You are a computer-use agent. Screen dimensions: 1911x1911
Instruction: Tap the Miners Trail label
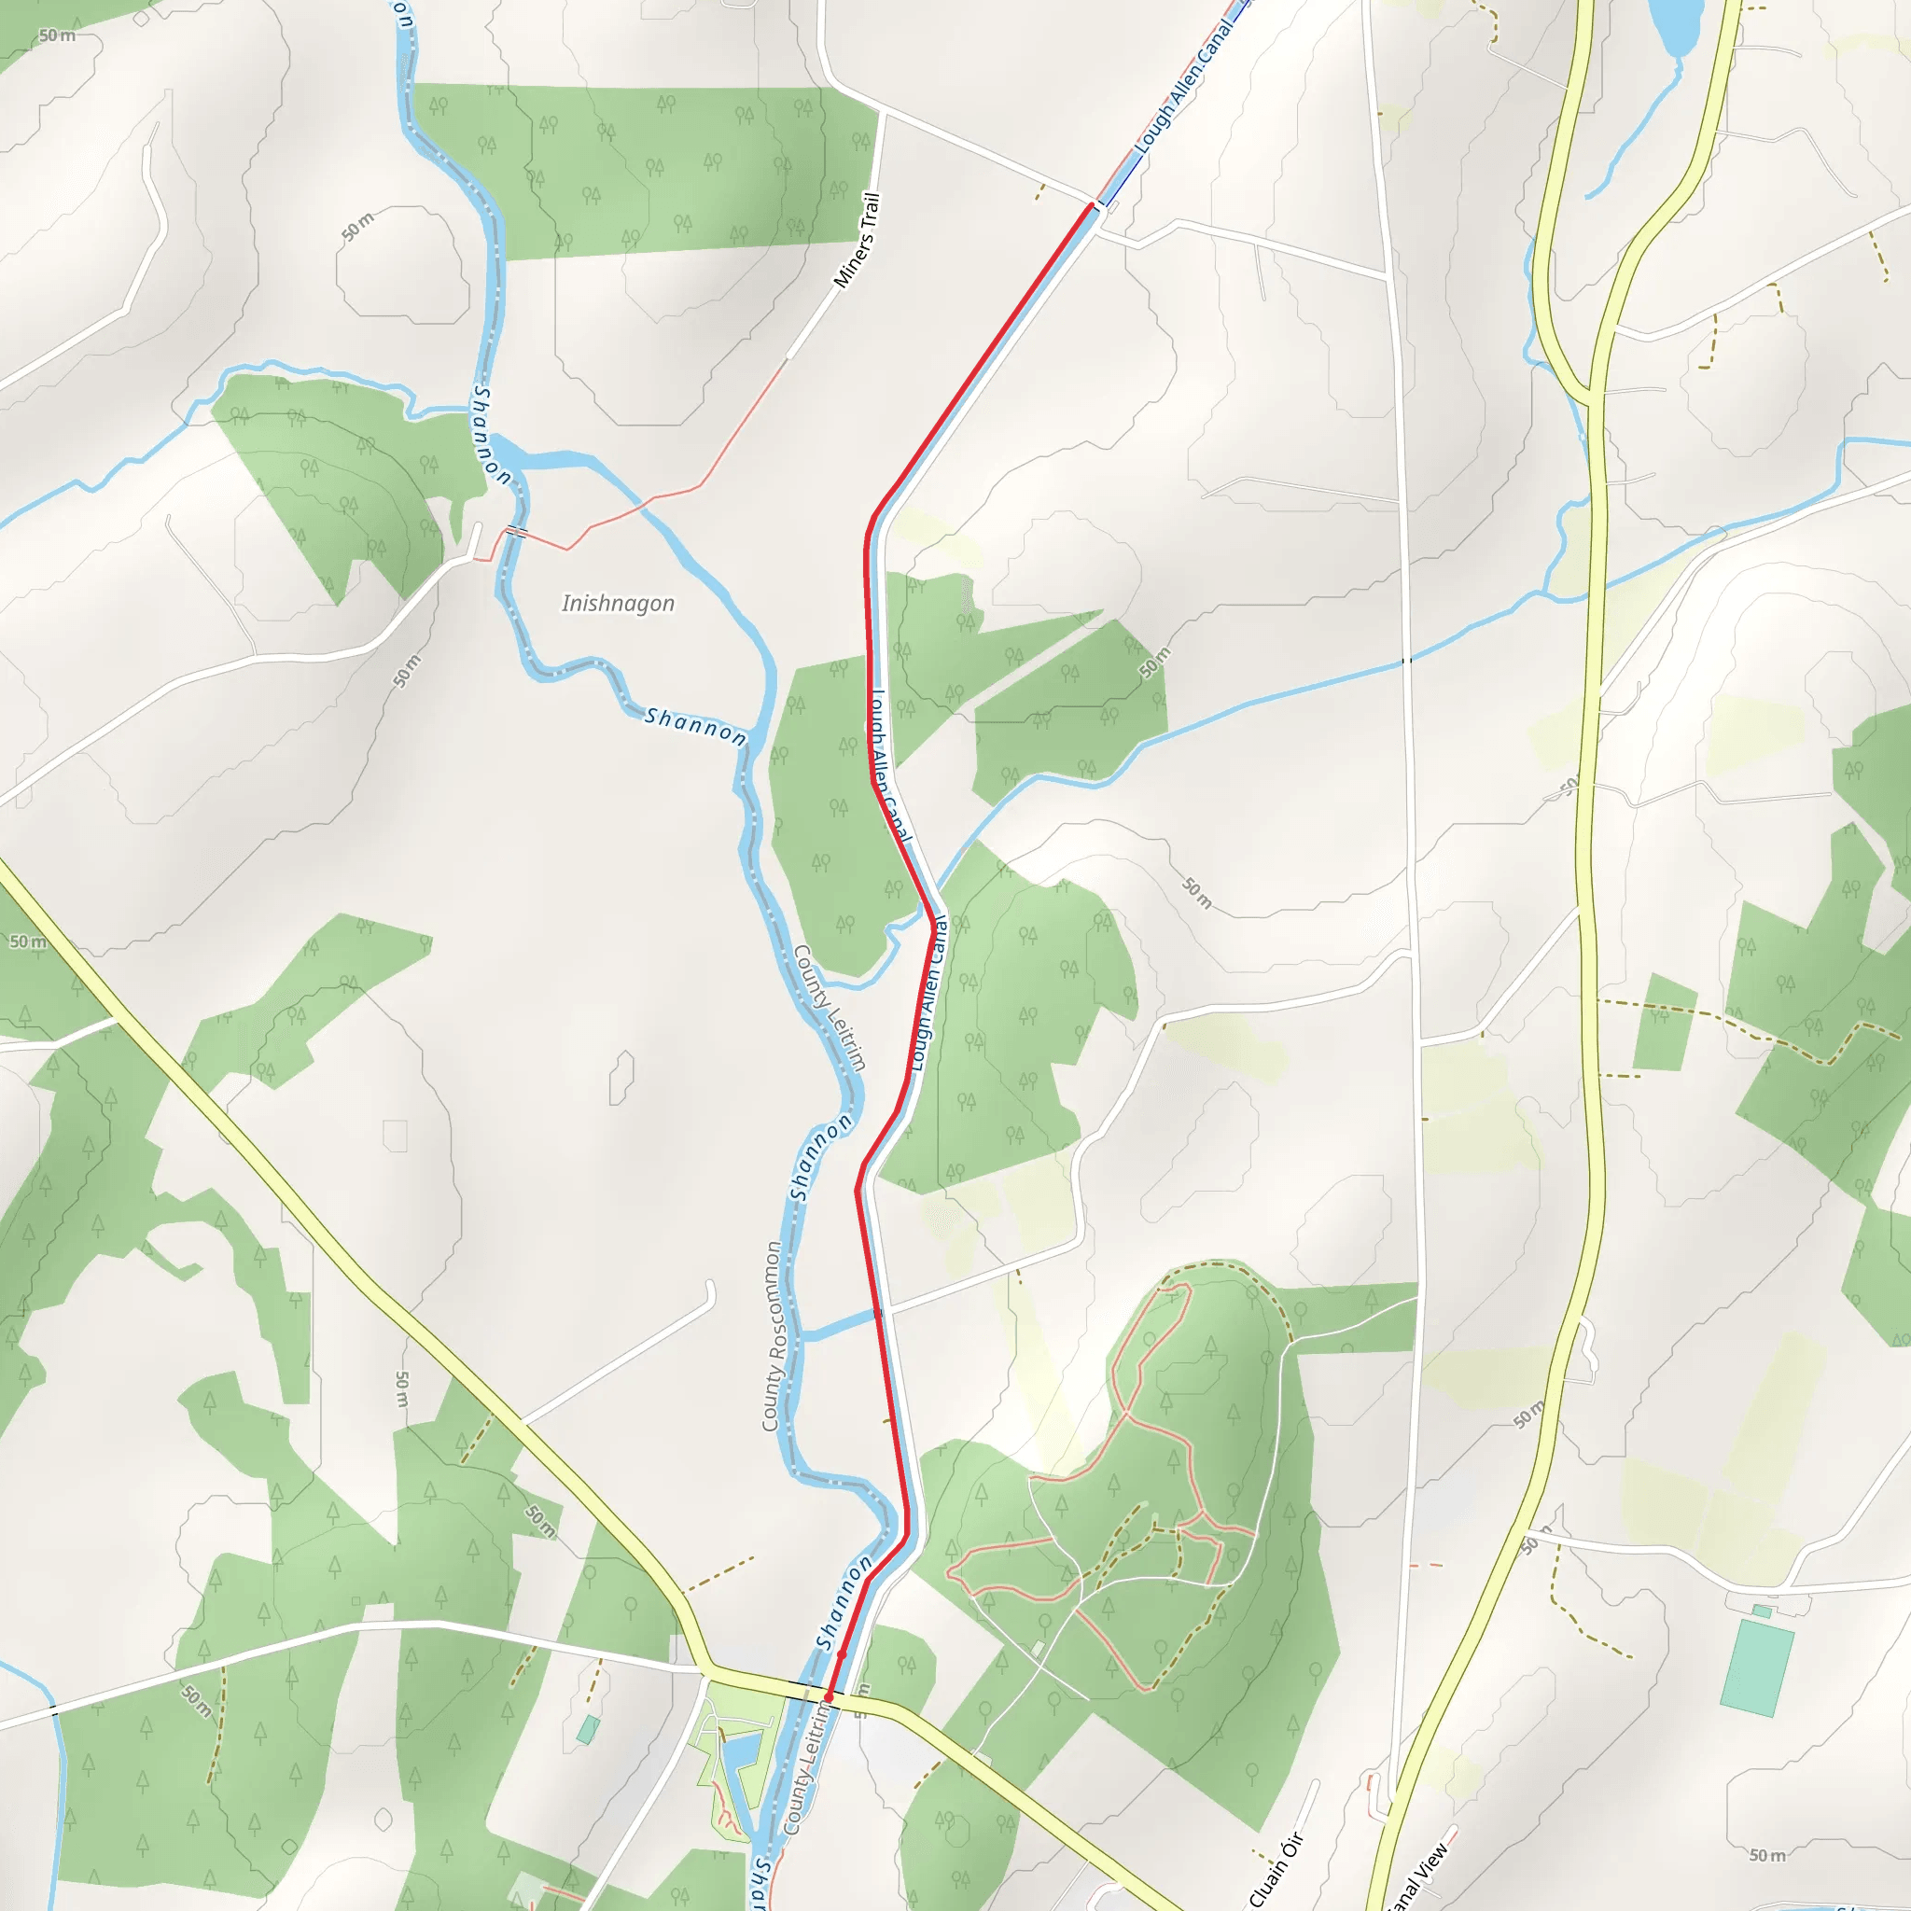(x=857, y=241)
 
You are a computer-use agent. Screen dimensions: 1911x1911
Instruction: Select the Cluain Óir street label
(x=1277, y=1868)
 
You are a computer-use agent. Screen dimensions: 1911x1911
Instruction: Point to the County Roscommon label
(x=773, y=1336)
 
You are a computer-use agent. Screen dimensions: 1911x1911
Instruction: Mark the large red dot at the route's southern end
(x=829, y=1697)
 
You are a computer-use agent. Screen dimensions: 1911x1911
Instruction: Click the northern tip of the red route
(x=1092, y=204)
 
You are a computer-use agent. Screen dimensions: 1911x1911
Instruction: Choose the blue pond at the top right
(x=1670, y=25)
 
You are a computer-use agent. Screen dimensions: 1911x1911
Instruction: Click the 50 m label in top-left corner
(x=56, y=35)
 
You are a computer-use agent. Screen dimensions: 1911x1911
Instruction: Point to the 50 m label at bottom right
(x=1766, y=1855)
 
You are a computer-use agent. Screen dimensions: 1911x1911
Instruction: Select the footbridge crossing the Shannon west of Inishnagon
(x=516, y=532)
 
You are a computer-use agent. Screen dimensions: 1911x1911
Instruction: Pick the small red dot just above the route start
(x=842, y=1653)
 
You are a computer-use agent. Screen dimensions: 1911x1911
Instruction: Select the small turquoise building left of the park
(x=588, y=1729)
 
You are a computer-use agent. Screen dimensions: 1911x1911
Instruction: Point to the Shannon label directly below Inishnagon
(x=695, y=726)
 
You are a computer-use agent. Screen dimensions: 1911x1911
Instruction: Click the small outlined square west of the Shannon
(x=395, y=1136)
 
